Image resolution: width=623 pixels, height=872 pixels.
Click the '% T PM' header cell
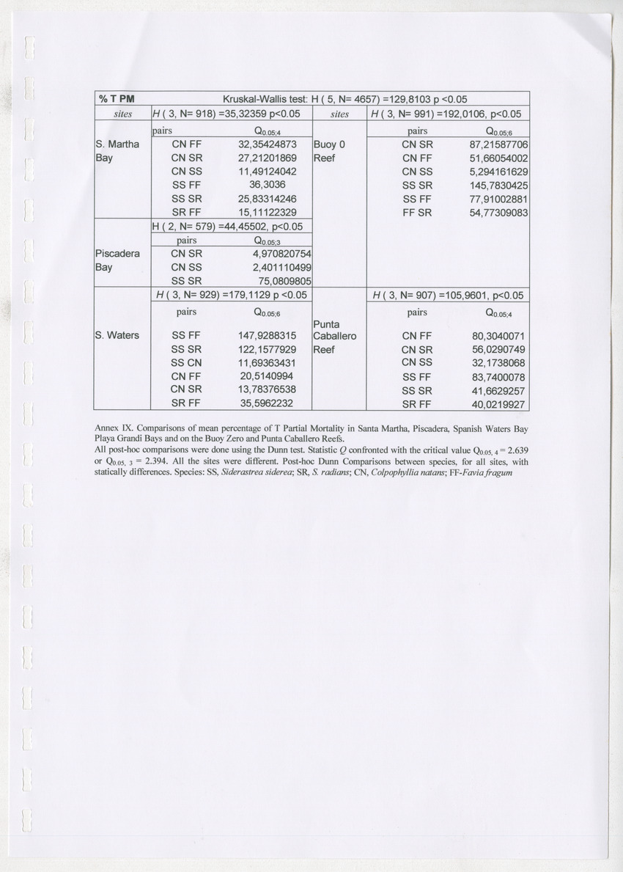pos(116,98)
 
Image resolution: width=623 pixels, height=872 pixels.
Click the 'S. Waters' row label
pos(117,336)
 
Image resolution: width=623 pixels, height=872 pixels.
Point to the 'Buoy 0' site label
pos(328,144)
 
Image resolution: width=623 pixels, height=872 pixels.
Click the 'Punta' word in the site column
pos(326,323)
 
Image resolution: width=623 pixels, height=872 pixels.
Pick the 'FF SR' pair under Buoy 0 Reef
pos(417,213)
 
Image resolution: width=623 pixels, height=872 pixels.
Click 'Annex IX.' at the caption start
pos(116,427)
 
